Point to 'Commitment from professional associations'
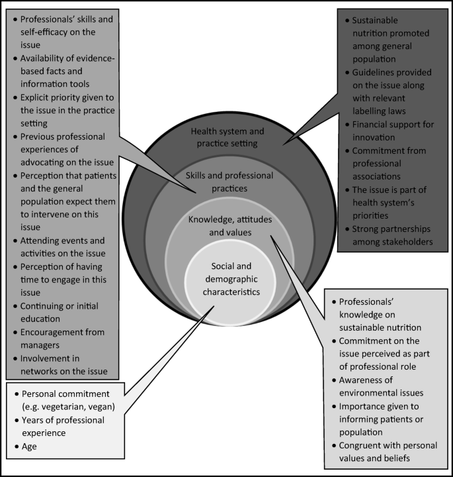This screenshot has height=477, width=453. pyautogui.click(x=390, y=170)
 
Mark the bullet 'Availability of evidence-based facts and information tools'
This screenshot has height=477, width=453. pyautogui.click(x=63, y=71)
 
